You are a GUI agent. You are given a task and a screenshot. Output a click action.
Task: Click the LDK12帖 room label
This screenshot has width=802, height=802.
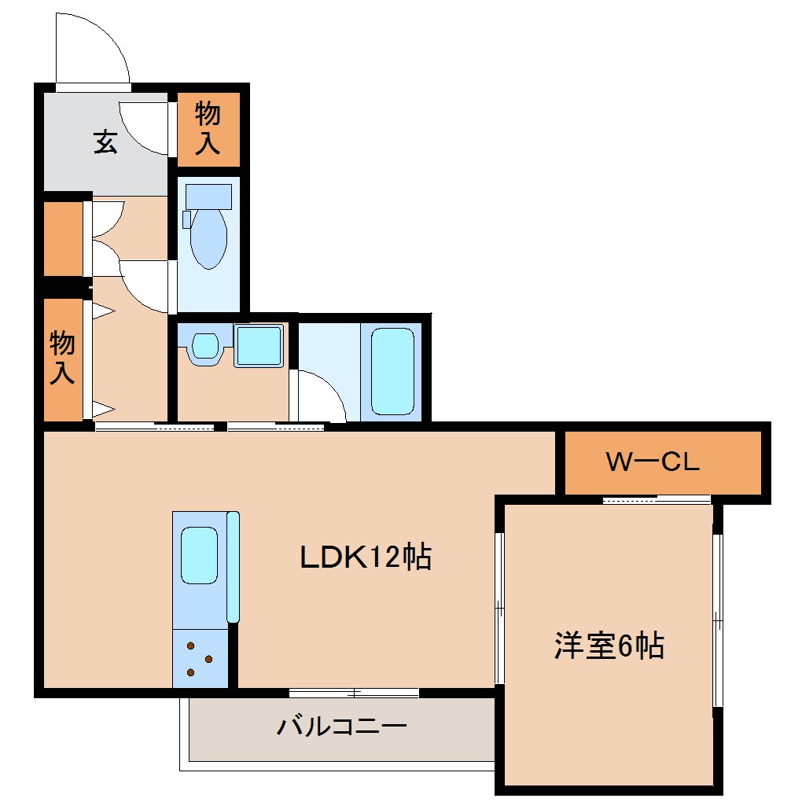[366, 557]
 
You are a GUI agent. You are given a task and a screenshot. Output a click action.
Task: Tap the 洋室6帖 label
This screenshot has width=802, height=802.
[609, 646]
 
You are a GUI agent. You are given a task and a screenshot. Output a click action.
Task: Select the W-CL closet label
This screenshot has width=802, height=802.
[652, 462]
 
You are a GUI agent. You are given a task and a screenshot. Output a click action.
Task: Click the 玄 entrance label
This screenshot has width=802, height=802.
[105, 142]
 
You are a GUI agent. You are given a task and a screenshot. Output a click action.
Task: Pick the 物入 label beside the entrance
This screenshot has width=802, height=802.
[208, 128]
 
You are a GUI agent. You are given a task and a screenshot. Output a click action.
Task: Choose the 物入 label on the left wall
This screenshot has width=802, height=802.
[62, 358]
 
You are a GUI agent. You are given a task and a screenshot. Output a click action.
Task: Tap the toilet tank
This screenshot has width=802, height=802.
[208, 196]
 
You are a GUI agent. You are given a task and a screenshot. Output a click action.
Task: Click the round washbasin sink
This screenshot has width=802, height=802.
[205, 346]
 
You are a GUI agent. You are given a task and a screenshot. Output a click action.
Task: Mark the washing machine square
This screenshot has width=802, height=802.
[259, 346]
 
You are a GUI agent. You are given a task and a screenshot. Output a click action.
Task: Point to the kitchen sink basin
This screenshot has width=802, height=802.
[199, 555]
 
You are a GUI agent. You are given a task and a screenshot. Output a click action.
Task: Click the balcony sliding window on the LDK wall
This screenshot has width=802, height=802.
[354, 693]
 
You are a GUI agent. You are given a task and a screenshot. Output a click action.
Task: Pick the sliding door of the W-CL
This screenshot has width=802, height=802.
[657, 498]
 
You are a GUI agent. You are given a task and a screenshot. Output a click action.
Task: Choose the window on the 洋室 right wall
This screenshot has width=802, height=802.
[716, 621]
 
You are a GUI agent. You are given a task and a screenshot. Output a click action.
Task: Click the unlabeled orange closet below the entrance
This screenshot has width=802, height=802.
[63, 239]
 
